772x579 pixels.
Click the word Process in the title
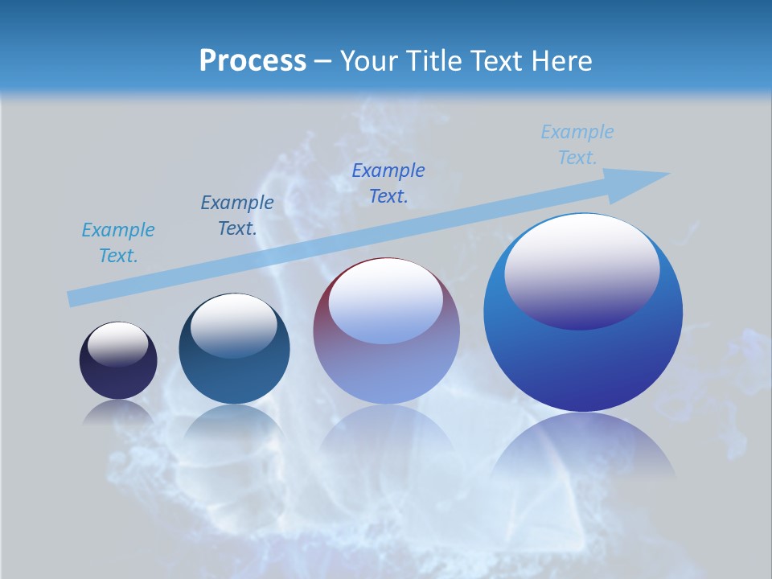click(253, 60)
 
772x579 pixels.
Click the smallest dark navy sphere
click(118, 378)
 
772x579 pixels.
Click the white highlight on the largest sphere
click(582, 269)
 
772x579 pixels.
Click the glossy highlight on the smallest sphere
click(117, 343)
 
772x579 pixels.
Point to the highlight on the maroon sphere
click(386, 300)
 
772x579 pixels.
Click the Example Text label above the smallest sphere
click(118, 243)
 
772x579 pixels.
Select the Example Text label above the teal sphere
click(237, 216)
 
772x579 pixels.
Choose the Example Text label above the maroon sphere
click(388, 183)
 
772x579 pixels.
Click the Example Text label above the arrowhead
click(577, 145)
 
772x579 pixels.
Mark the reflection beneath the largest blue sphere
click(583, 446)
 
